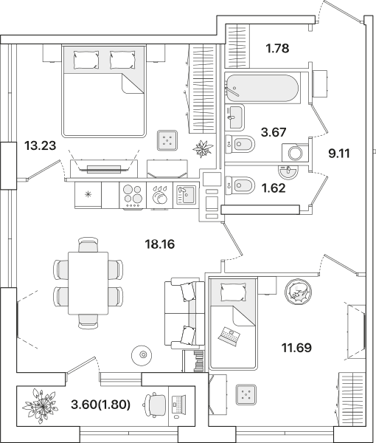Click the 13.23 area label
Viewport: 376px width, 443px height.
click(40, 146)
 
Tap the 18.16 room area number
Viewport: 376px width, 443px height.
click(160, 244)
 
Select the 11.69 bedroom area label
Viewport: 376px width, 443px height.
click(296, 348)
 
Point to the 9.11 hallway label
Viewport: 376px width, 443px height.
click(338, 154)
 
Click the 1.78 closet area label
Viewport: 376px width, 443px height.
click(278, 48)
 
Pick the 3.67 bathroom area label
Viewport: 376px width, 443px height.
click(274, 132)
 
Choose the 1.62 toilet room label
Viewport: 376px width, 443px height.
click(274, 188)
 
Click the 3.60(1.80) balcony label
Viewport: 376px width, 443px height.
click(101, 405)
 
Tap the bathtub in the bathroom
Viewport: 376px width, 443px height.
click(261, 88)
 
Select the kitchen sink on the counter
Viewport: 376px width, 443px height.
click(186, 195)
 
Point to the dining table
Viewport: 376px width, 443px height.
click(88, 283)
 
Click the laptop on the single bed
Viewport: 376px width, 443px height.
click(229, 336)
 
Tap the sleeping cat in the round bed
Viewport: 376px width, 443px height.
click(299, 292)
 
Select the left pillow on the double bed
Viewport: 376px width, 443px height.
click(86, 59)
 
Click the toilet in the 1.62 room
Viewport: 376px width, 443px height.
click(240, 185)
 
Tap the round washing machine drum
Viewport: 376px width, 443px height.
click(296, 153)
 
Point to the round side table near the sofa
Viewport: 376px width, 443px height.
click(142, 355)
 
